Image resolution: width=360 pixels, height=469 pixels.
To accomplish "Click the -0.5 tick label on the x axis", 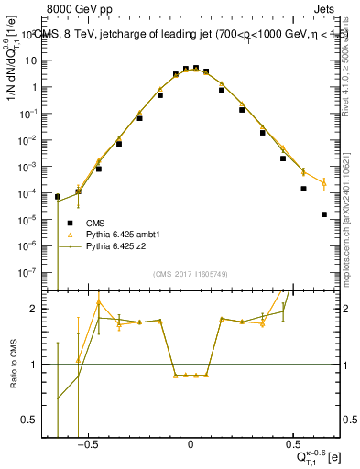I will (87, 445).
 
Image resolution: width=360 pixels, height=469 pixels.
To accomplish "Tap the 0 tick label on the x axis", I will (191, 445).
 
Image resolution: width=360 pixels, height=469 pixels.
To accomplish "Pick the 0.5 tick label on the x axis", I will (292, 445).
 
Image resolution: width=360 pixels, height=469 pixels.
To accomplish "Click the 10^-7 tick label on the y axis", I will (34, 272).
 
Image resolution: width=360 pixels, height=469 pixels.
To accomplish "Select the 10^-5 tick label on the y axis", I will (34, 220).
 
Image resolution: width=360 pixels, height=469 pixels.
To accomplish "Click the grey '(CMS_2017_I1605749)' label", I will (190, 274).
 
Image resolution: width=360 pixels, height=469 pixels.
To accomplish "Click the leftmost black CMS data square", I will (58, 197).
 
